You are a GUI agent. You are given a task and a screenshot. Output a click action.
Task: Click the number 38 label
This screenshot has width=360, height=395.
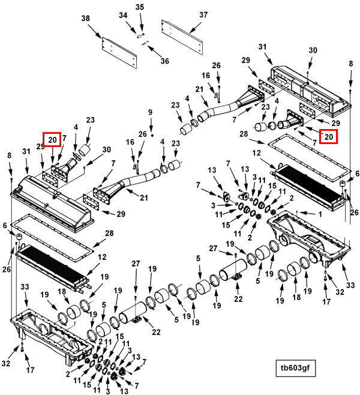(86, 19)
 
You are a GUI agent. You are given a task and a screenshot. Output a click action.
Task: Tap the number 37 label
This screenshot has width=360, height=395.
(203, 15)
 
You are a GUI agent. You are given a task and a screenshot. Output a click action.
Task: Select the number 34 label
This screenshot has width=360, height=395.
(123, 16)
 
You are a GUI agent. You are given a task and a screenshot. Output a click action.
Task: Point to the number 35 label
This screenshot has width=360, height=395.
(140, 7)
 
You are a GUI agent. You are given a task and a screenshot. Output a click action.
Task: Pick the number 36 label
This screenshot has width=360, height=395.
(165, 61)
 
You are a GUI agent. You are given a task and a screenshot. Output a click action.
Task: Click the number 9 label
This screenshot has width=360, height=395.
(150, 112)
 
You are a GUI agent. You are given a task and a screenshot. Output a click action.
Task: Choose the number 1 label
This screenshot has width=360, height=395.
(320, 214)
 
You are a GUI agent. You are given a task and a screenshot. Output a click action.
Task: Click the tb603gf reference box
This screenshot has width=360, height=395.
(295, 368)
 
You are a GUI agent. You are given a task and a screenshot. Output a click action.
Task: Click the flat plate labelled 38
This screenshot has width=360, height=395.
(119, 53)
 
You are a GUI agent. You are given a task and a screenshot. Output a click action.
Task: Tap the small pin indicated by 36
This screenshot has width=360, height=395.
(146, 43)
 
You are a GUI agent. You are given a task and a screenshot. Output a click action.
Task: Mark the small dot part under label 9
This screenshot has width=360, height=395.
(152, 136)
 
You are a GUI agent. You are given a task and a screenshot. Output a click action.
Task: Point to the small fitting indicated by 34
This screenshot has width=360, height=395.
(139, 37)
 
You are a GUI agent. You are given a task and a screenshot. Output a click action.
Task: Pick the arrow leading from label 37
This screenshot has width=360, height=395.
(196, 28)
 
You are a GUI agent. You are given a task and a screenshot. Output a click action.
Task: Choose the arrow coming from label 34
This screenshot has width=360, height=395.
(131, 27)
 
